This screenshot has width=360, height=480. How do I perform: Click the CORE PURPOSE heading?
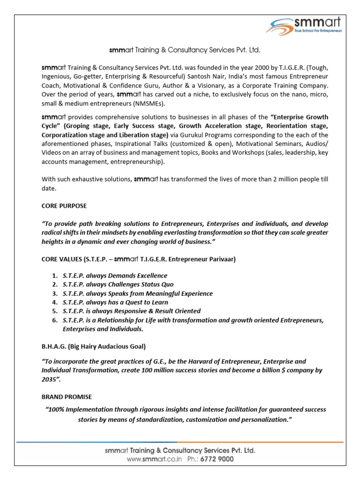coord(64,206)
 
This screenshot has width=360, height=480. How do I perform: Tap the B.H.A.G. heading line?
coord(94,346)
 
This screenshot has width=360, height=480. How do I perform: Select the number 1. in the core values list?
coord(55,276)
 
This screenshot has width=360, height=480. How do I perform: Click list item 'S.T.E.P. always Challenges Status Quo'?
coord(118,285)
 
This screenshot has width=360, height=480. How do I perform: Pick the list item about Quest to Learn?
coord(115,302)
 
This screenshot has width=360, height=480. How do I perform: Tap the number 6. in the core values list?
coord(55,320)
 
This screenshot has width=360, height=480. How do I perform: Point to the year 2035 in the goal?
coord(49,379)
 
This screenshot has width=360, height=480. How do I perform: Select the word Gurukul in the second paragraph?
coord(192,135)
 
